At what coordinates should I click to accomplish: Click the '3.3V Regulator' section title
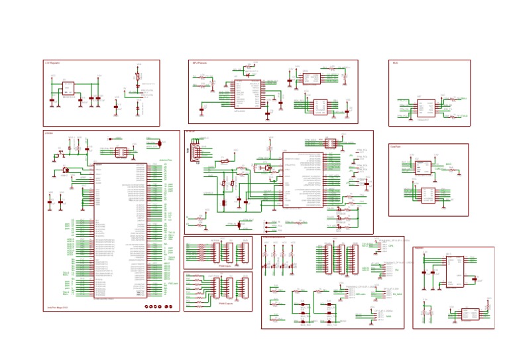point(52,63)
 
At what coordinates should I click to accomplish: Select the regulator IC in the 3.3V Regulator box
point(67,90)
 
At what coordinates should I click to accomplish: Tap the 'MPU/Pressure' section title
point(199,63)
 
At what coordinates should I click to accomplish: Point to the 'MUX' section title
point(395,63)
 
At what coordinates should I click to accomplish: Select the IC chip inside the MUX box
point(425,109)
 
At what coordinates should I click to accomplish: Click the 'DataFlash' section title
point(396,147)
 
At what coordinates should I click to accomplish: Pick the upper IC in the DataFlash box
point(424,168)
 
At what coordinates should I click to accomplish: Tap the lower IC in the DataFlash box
point(429,195)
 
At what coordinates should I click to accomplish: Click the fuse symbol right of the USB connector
point(226,160)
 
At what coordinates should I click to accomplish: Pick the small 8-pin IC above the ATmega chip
point(122,152)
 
